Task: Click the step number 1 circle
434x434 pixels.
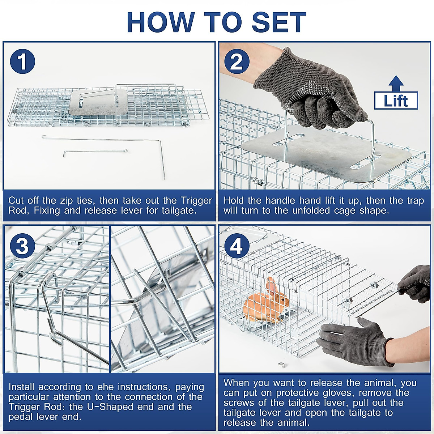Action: tap(22, 61)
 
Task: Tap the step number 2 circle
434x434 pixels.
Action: tap(237, 61)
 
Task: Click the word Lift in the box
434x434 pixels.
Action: tap(396, 101)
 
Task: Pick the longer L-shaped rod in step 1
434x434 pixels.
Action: tap(109, 140)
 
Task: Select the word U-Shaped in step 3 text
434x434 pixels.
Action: tap(110, 407)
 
